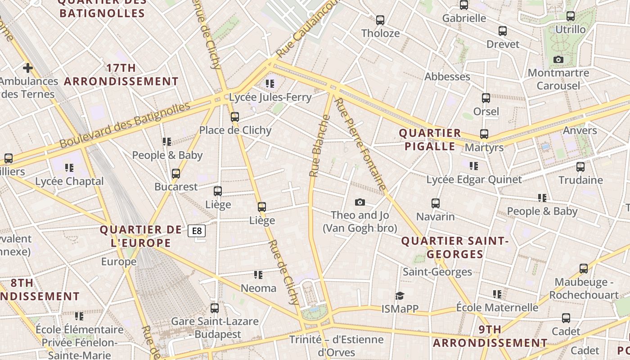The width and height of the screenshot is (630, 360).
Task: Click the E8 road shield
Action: point(197,231)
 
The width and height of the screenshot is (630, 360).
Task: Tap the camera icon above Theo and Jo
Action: point(360,202)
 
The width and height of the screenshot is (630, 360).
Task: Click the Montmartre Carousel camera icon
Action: point(558,59)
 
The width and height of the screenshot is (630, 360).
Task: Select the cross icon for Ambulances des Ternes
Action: point(27,68)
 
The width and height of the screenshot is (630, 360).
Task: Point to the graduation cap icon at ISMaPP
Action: point(400,295)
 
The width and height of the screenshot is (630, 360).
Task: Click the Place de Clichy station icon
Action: point(234,117)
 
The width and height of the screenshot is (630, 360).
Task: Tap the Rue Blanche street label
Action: point(319,145)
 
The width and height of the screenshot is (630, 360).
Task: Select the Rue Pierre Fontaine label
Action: point(361,144)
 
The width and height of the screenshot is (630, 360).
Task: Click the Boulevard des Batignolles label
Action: point(125,126)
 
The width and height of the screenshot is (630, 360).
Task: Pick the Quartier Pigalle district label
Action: point(430,139)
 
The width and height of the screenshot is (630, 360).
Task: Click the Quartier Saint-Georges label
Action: point(454,247)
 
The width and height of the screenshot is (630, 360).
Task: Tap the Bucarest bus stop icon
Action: point(176,173)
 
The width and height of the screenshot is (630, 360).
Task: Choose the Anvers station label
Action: point(580,130)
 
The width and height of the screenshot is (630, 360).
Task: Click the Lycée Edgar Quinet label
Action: point(474,180)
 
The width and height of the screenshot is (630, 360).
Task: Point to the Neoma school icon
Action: point(258,274)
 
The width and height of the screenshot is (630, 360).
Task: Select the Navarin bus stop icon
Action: point(435,203)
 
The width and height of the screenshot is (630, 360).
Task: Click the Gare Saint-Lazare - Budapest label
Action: point(215,328)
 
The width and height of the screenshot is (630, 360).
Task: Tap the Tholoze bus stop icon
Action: point(380,20)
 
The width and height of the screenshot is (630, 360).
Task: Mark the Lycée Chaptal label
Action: point(69,181)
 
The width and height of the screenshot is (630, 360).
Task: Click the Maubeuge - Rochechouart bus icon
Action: point(584,269)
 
